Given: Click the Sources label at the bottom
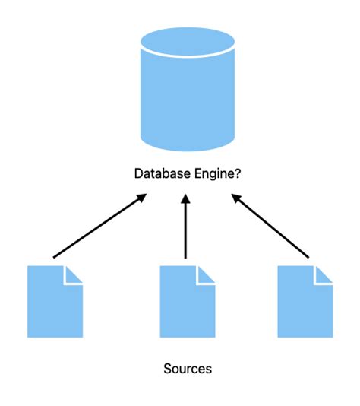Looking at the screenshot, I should click(188, 369).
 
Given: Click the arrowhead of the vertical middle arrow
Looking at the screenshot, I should click(185, 199).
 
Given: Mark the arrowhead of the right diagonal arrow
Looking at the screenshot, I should click(235, 198).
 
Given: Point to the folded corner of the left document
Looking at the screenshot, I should click(74, 274).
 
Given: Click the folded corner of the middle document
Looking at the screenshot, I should click(207, 274).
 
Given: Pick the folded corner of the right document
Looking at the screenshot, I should click(324, 274).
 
